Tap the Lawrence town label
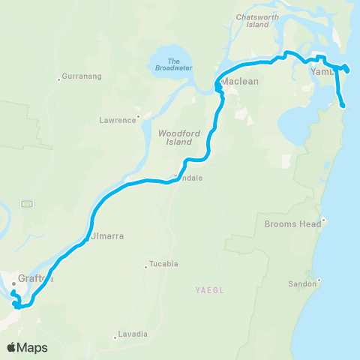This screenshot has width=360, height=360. coord(118,119)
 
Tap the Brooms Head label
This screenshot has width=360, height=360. coord(292,223)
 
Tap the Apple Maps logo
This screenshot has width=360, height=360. coord(27,347)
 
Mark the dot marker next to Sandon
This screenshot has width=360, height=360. coord(319,281)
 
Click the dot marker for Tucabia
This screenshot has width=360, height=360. coord(145,265)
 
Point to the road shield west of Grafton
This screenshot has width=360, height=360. coord(28,203)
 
